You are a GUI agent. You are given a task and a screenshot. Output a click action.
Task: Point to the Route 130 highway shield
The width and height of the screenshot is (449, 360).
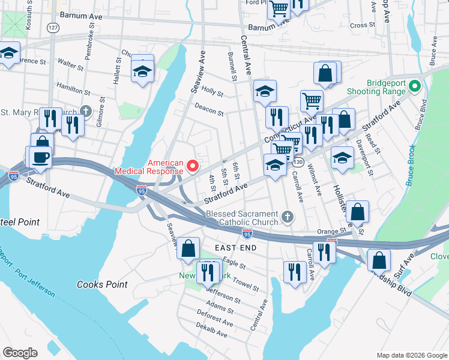298,163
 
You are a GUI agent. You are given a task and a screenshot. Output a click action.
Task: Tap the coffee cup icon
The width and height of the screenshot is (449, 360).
41,158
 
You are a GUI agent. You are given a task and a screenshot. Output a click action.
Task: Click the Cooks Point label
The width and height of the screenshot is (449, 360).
102,284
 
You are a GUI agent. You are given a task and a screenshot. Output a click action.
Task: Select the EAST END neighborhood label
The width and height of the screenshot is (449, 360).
236,247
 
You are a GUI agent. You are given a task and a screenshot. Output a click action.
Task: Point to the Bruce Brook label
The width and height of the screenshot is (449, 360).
411,165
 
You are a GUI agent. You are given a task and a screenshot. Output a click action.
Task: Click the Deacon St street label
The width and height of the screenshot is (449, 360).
209,112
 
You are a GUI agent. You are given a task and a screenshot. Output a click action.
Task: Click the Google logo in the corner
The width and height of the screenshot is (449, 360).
20,353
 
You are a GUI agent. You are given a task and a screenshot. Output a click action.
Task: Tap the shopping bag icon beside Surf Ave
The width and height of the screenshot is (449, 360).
379,261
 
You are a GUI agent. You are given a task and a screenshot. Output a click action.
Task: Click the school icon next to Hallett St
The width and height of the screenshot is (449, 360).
143,71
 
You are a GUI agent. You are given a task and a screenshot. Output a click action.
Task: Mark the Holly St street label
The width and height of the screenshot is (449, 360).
212,93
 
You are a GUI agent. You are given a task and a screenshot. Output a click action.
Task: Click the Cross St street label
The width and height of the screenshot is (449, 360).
362,25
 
